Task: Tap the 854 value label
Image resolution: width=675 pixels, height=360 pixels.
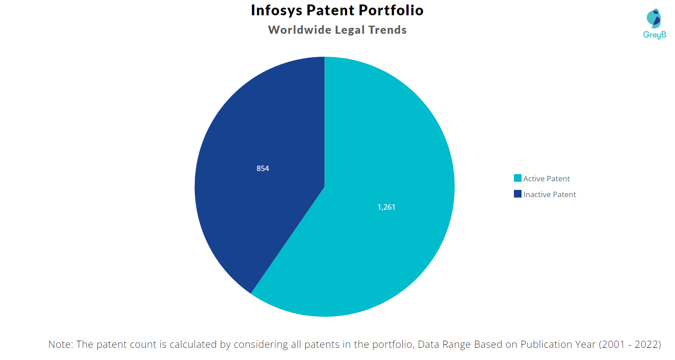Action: [263, 168]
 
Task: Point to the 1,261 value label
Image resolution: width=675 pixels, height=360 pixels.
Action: [387, 207]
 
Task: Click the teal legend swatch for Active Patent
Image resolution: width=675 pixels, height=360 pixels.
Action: [517, 178]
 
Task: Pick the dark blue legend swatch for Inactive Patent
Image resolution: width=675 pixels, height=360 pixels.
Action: [517, 194]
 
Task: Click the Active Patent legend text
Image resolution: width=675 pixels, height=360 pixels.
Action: [546, 179]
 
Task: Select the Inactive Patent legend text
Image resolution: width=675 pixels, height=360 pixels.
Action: [549, 194]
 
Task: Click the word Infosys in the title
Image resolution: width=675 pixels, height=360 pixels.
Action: [275, 10]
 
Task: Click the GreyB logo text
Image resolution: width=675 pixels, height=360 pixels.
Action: [654, 35]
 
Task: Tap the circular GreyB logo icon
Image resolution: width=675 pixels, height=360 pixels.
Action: [654, 18]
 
